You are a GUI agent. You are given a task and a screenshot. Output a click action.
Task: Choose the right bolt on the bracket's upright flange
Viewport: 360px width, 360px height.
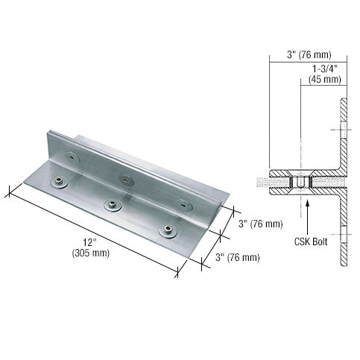(179, 203)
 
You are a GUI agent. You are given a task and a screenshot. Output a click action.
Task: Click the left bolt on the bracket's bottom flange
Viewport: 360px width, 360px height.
(58, 183)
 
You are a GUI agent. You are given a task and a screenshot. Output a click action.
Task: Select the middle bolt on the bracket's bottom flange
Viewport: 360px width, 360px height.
(113, 206)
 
